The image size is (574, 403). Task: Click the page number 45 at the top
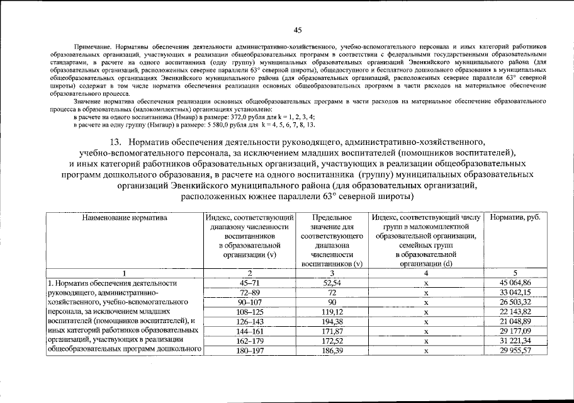298,29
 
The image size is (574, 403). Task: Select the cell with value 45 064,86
515,283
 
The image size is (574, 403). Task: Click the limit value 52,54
331,283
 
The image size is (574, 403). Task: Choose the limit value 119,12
331,311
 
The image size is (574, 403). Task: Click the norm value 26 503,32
515,302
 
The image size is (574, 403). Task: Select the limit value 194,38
331,321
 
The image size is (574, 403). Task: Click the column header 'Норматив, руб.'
515,217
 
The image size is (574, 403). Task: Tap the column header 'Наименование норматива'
124,217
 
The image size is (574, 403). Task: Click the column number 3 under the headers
331,273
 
